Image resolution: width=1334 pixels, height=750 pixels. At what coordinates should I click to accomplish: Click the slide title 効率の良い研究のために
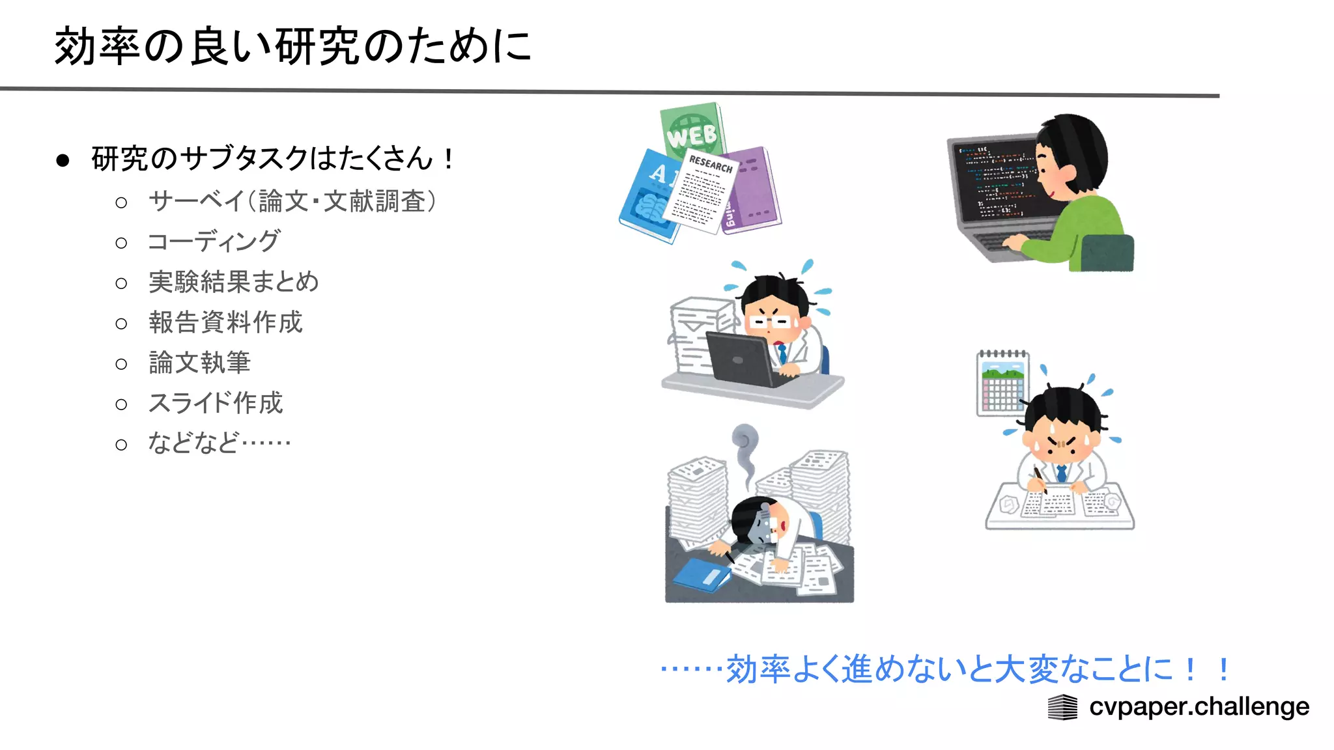(293, 47)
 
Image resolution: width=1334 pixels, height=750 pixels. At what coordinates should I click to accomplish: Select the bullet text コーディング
(214, 242)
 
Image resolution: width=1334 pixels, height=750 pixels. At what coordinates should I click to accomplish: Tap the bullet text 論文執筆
(199, 363)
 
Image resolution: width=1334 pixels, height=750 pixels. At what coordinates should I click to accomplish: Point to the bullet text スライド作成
(216, 403)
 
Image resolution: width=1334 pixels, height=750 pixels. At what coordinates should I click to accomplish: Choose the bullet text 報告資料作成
(225, 322)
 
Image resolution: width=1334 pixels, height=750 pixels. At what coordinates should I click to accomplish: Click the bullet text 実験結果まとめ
(233, 282)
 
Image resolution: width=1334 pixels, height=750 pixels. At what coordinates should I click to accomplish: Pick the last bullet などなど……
(219, 443)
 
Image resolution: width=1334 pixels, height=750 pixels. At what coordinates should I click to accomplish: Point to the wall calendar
(1002, 384)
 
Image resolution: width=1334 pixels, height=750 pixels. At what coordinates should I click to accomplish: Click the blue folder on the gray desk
(701, 576)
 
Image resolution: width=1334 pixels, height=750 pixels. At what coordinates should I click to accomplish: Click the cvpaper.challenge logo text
(1199, 706)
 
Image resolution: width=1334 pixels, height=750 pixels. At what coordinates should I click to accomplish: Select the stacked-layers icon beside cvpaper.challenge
(1062, 707)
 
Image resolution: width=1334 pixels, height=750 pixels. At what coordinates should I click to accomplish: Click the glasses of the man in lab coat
(771, 322)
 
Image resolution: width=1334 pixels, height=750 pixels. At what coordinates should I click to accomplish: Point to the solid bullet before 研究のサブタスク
(63, 160)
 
